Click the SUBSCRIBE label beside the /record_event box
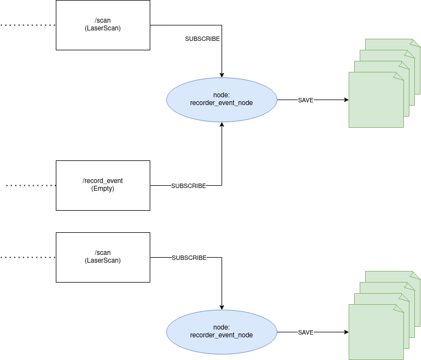coord(188,186)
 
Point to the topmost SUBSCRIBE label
coord(202,39)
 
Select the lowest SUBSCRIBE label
coord(189,258)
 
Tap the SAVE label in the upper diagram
coord(306,101)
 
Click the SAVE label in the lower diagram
coord(306,333)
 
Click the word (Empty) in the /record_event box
coord(103,189)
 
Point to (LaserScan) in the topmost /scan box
coord(103,28)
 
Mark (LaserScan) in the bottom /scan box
coord(103,260)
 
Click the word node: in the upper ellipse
coord(221,95)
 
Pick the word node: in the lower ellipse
coord(221,327)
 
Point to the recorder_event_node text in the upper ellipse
coord(221,103)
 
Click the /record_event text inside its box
coord(103,181)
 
